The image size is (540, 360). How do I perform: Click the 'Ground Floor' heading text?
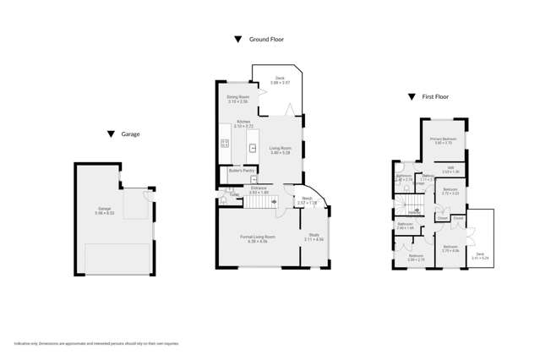coord(266,40)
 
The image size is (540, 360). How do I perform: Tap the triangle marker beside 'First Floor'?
coord(412,97)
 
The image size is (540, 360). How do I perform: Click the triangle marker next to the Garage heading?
coord(111,134)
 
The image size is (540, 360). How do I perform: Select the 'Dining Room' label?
coord(237,98)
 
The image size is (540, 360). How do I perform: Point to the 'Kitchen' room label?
coord(243,123)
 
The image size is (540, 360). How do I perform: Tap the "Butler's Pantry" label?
coord(242,170)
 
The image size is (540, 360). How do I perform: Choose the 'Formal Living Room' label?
coord(258,237)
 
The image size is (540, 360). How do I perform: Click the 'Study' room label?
coord(314,235)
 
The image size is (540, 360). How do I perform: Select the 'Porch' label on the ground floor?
coord(307,199)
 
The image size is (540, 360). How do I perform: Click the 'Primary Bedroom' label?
coord(444,139)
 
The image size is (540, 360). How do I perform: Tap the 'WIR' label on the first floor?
coord(451,168)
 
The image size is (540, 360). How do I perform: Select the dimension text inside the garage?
coord(105,212)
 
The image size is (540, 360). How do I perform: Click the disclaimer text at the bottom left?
coord(96,343)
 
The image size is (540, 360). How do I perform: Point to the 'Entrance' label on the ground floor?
coord(259,188)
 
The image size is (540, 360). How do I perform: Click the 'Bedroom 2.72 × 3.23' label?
coord(450,190)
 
